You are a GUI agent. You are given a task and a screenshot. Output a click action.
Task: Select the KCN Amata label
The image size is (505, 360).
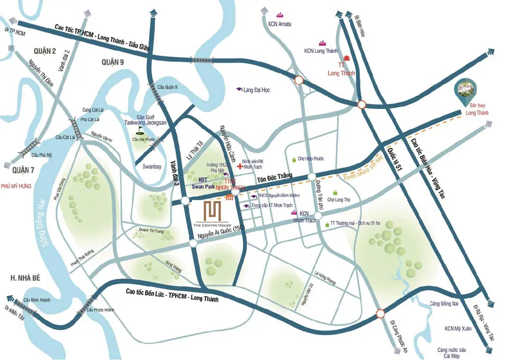pos(279,24)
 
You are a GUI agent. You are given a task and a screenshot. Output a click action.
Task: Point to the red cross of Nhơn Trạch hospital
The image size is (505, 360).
pos(240,166)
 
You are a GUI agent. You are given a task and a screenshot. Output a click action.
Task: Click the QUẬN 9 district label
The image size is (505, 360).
pos(112,62)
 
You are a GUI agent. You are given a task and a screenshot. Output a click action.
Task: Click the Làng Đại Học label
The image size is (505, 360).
pos(256,90)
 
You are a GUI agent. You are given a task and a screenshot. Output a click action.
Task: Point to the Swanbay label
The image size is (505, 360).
pos(151,166)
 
